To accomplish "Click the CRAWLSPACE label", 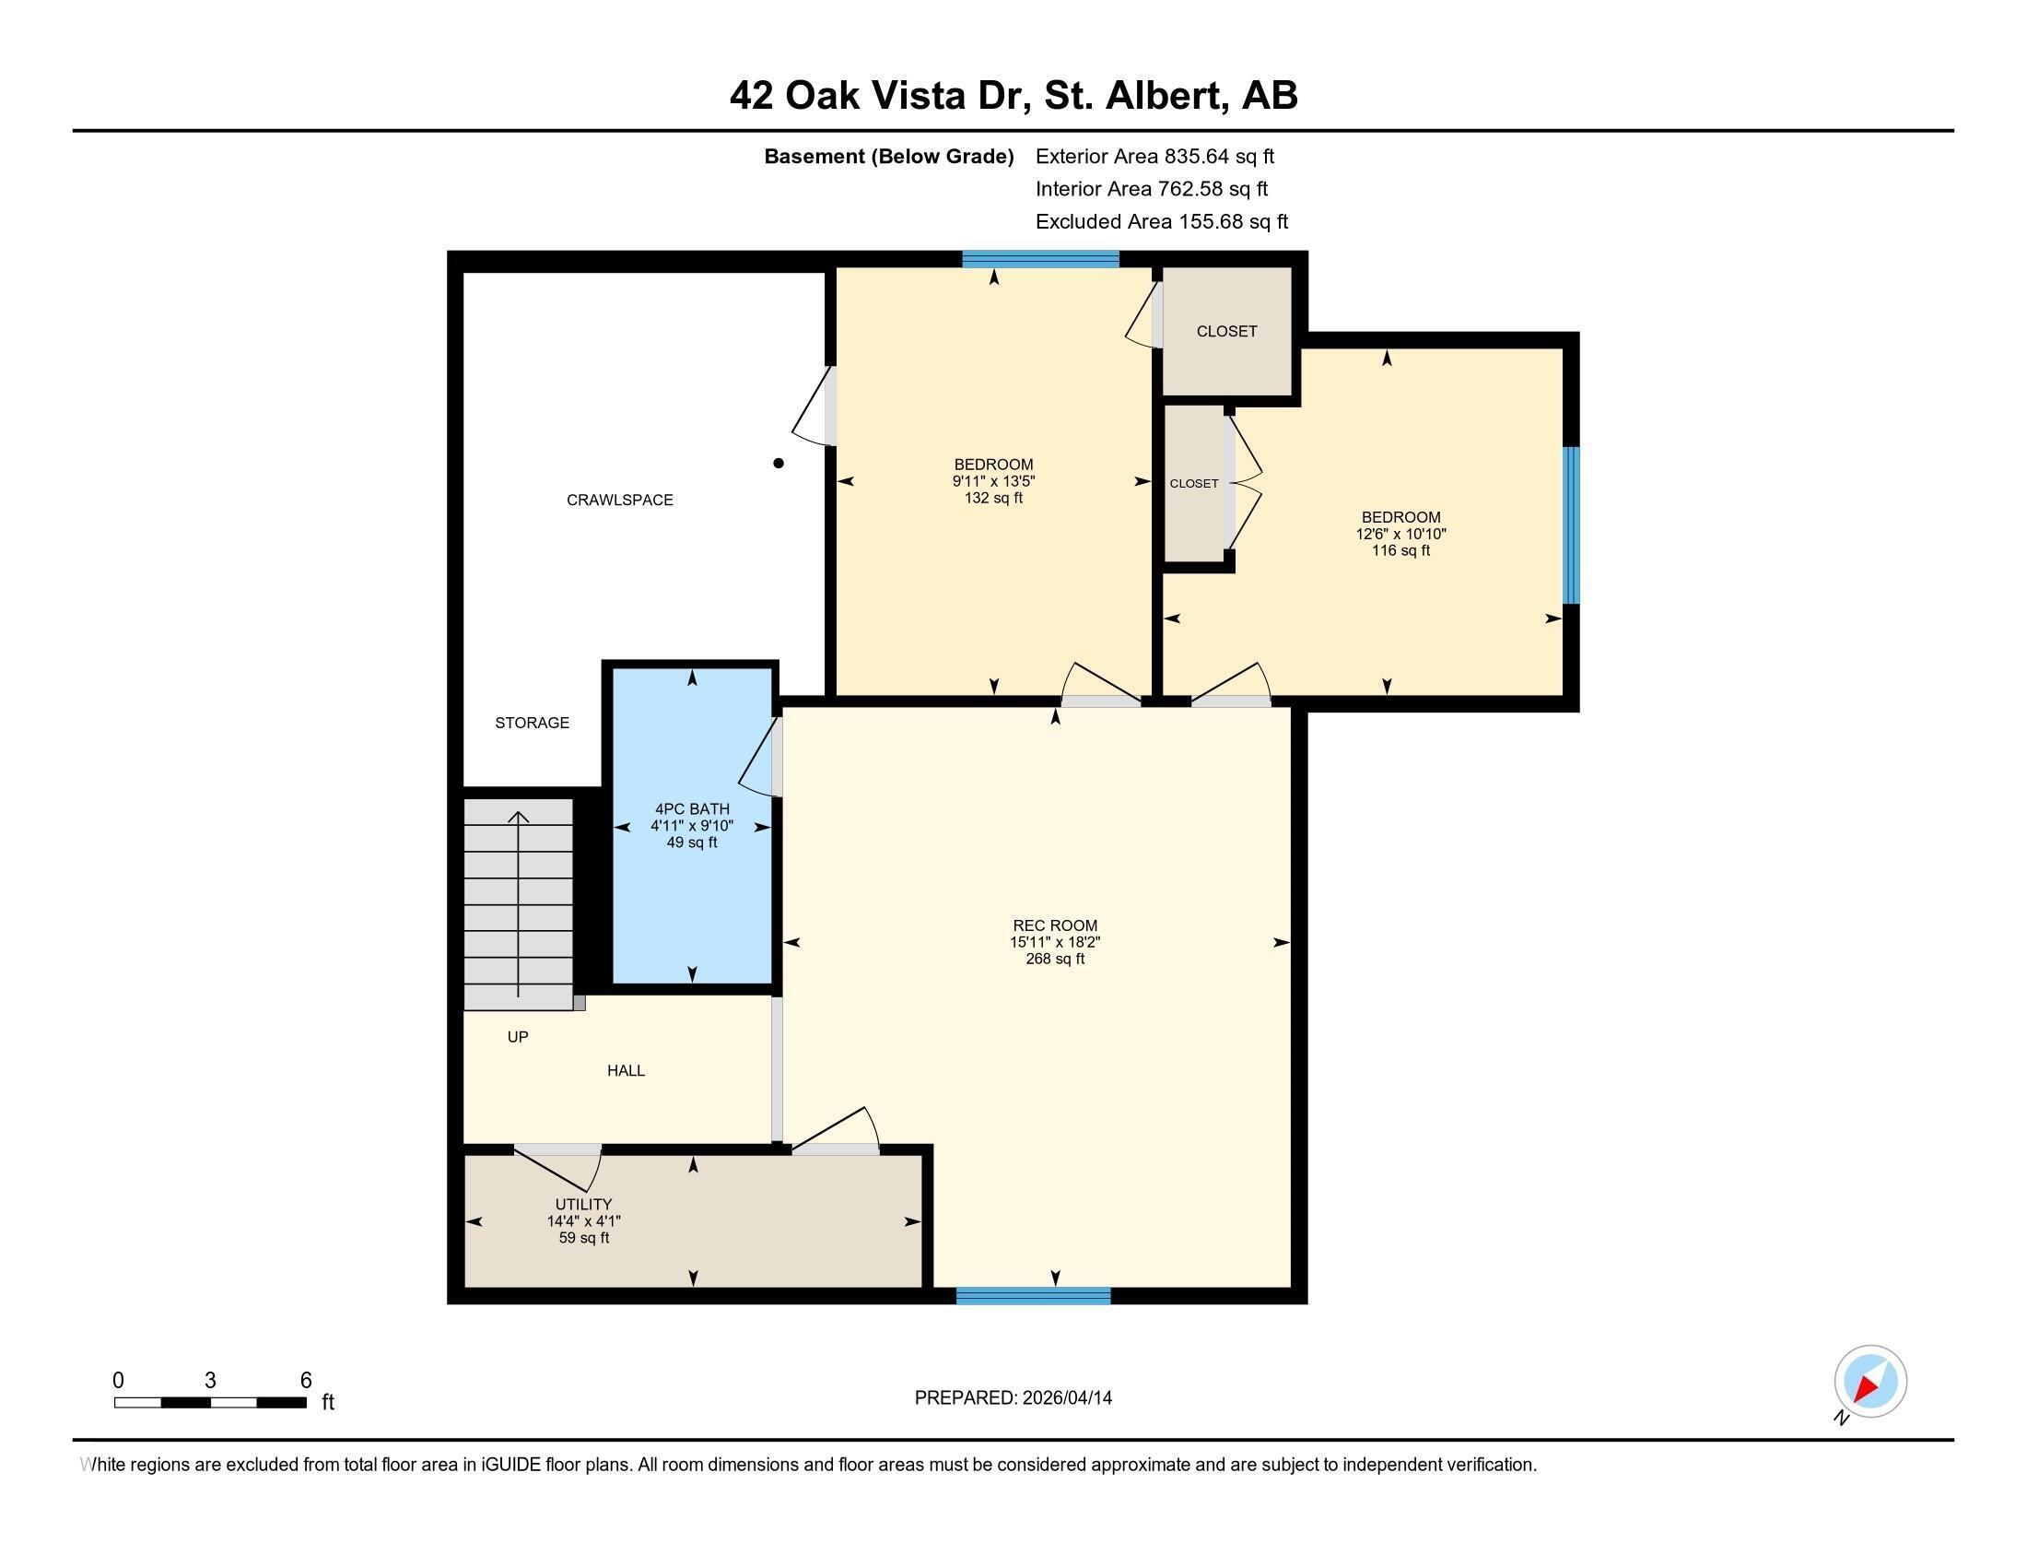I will coord(619,500).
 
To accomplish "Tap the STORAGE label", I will coord(532,723).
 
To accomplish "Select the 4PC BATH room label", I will coord(691,808).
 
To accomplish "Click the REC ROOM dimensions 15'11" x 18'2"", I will coord(1054,942).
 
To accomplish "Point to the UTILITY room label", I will coord(583,1205).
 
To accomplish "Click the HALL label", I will coord(626,1070).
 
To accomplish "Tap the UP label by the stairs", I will coord(518,1037).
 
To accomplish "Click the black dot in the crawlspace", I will coord(779,464).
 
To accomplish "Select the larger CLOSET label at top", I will coord(1226,332).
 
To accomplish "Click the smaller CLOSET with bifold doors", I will coord(1193,484).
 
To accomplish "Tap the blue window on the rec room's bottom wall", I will coord(1033,1296).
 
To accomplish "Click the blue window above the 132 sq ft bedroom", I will coord(1039,259).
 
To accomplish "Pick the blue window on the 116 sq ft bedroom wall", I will coord(1570,525).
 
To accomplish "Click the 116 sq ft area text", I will coord(1400,550).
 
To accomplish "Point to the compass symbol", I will coord(1869,1382).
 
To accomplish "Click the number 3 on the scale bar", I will coord(211,1381).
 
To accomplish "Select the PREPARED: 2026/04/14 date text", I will coord(1013,1398).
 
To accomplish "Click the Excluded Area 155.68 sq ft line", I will coord(1161,222).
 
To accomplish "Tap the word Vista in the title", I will coord(922,96).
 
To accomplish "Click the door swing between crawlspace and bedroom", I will coord(813,408).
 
